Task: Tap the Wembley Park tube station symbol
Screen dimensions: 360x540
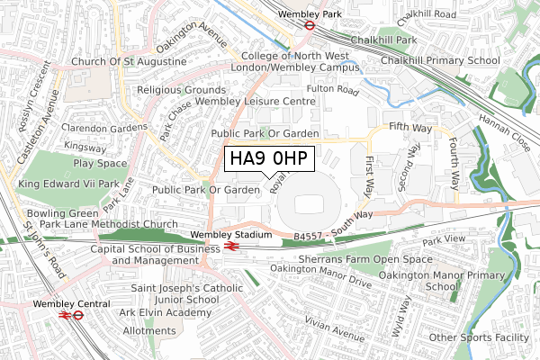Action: (x=309, y=26)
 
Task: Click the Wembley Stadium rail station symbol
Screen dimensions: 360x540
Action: (x=230, y=244)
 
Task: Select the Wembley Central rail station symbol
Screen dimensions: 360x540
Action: (x=65, y=315)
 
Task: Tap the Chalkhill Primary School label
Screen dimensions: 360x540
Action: (x=440, y=60)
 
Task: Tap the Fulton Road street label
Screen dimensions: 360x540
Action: (x=332, y=91)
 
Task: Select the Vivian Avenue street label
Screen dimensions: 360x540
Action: (x=331, y=332)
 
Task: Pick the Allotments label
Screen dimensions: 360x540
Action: (x=149, y=331)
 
